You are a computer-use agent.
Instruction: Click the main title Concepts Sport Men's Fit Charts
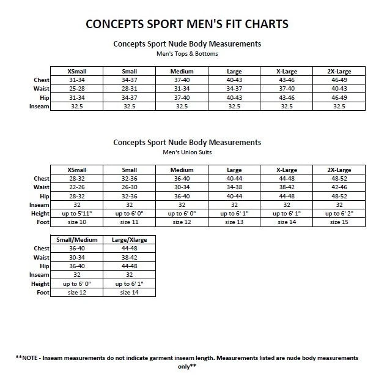click(x=187, y=24)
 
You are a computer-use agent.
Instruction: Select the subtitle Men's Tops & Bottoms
click(x=187, y=54)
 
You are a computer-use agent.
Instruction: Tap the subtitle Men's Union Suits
click(x=187, y=152)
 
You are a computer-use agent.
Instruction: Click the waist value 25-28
click(x=76, y=88)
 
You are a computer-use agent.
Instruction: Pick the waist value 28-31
click(x=129, y=88)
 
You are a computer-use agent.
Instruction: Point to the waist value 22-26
click(x=76, y=187)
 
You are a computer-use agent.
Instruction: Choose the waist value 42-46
click(x=338, y=187)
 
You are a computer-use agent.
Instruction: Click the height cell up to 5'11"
click(x=76, y=213)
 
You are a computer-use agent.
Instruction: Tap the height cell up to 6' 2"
click(x=338, y=213)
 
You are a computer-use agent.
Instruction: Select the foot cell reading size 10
click(x=76, y=222)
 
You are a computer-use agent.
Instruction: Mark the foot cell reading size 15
click(x=338, y=222)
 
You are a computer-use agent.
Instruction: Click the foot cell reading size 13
click(x=234, y=222)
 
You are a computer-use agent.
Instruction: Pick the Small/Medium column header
click(x=76, y=239)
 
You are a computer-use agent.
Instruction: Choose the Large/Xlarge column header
click(x=129, y=239)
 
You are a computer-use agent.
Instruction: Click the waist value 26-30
click(x=129, y=187)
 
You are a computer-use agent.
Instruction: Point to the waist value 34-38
click(x=234, y=187)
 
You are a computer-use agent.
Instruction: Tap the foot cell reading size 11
click(x=129, y=222)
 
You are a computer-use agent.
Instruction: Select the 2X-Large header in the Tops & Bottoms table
click(x=339, y=71)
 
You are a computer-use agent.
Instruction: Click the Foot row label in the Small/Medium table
click(x=42, y=293)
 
